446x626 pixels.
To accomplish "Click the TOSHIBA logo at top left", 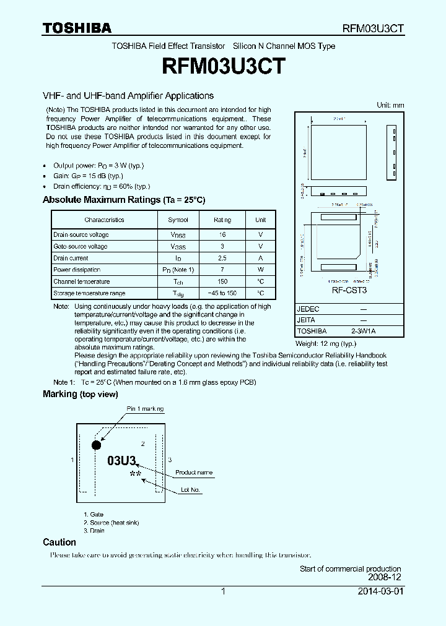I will [77, 28].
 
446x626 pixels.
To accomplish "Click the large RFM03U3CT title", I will [223, 66].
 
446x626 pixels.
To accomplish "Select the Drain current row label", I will [71, 258].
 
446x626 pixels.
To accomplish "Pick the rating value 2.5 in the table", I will [222, 258].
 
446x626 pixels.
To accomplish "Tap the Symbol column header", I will [178, 220].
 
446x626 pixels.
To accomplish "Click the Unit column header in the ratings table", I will [261, 220].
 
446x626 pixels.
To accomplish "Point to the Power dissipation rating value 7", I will [222, 270].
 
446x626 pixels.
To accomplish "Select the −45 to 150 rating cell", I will [222, 293].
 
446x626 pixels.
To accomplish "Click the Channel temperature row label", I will [81, 281].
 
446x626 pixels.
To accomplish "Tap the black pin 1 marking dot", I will [96, 445].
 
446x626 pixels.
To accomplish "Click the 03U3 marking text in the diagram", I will [121, 461].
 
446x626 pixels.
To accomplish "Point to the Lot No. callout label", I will [191, 490].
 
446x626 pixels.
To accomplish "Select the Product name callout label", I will [194, 473].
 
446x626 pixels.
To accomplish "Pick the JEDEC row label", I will [308, 309].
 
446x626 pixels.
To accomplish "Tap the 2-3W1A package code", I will [363, 332].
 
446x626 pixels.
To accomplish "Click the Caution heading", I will [59, 542].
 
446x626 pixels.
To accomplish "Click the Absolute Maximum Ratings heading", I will [124, 200].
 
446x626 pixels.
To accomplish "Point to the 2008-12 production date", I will [385, 577].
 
